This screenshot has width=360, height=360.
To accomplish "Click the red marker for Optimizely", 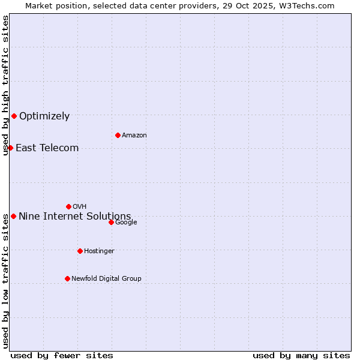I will (x=14, y=116).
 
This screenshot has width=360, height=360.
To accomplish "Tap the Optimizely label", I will (x=44, y=116).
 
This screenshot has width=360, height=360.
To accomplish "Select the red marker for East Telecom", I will (x=10, y=148).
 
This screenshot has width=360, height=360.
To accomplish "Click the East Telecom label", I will (x=47, y=148).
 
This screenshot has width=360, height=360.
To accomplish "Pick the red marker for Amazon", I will (x=118, y=135).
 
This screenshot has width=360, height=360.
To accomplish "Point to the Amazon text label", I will (x=134, y=136).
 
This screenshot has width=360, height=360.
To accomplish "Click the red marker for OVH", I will (x=68, y=206).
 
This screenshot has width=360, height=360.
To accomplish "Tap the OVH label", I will (x=80, y=207).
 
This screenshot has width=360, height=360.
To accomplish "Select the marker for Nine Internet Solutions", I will (x=13, y=216).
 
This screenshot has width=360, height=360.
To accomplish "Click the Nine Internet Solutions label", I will (x=74, y=217).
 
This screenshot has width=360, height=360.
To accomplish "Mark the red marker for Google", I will (x=111, y=222).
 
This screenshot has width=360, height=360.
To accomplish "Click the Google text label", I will (x=126, y=223).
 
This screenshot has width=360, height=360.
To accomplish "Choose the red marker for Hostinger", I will (x=80, y=251).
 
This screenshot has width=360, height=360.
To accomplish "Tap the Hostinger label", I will (x=99, y=251).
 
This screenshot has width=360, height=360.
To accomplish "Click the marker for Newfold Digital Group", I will (x=67, y=278).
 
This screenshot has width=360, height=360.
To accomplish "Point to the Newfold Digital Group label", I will (x=106, y=279).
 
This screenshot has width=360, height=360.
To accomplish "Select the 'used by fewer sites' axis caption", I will (x=62, y=355).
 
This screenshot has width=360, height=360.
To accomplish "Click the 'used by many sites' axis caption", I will (x=301, y=355).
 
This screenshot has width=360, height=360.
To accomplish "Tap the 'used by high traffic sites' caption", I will (x=5, y=85).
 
